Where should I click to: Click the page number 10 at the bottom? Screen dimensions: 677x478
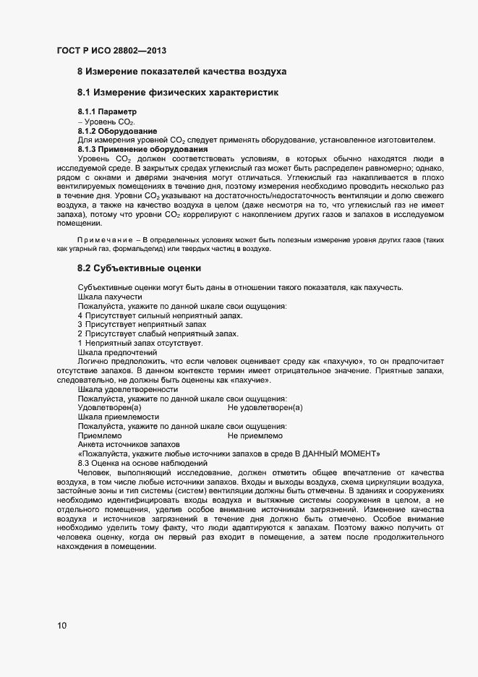tap(62, 626)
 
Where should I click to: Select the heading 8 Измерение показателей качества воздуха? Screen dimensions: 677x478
tap(182, 72)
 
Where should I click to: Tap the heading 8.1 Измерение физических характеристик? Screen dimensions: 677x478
tap(177, 93)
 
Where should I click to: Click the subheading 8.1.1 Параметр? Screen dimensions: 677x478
tap(107, 112)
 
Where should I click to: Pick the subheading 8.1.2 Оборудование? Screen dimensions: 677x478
tap(117, 131)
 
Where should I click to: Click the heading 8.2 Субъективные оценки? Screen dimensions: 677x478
tap(139, 268)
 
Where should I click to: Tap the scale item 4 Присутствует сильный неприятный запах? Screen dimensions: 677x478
tap(160, 316)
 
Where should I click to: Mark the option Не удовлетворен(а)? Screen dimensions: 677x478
tap(265, 408)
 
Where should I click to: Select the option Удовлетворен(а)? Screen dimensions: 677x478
tap(109, 408)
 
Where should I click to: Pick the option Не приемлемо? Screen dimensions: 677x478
tap(255, 435)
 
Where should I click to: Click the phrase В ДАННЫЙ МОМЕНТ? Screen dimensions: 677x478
tap(338, 454)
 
